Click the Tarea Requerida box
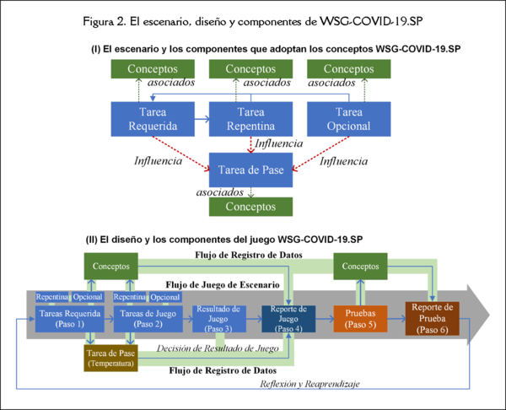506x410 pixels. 152,120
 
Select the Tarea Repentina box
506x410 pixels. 250,120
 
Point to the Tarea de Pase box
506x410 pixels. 250,169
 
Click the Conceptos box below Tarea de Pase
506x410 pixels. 250,207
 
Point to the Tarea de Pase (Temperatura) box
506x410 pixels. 110,358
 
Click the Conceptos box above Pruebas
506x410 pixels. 363,268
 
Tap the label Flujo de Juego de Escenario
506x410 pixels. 223,284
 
